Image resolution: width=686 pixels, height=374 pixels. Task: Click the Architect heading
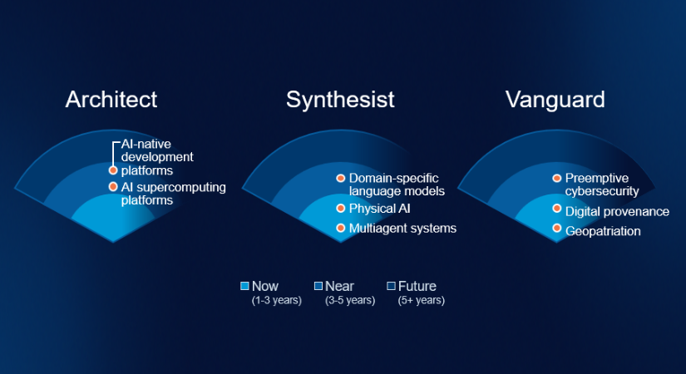pyautogui.click(x=111, y=100)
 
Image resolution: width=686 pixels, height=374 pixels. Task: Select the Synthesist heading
pyautogui.click(x=340, y=100)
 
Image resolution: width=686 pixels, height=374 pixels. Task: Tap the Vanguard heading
pyautogui.click(x=555, y=100)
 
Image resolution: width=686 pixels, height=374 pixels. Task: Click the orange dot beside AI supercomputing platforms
pyautogui.click(x=113, y=187)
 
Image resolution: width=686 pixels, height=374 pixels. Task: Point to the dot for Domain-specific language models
pyautogui.click(x=340, y=178)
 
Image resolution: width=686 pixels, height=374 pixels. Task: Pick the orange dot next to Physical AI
pyautogui.click(x=340, y=208)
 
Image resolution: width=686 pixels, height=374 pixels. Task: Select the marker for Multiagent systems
pyautogui.click(x=340, y=228)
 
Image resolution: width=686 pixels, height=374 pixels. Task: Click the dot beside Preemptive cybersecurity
pyautogui.click(x=557, y=178)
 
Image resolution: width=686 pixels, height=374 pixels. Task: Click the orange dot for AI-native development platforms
pyautogui.click(x=113, y=170)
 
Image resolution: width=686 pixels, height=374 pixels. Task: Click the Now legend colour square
pyautogui.click(x=244, y=286)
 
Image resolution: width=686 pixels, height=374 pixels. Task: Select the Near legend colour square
pyautogui.click(x=318, y=286)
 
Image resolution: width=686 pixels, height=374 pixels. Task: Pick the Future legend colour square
pyautogui.click(x=391, y=286)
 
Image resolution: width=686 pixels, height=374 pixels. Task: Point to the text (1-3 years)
pyautogui.click(x=276, y=300)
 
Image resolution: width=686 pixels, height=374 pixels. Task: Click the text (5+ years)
pyautogui.click(x=421, y=300)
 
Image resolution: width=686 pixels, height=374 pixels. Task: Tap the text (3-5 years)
pyautogui.click(x=350, y=300)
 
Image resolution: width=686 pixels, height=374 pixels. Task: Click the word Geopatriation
pyautogui.click(x=603, y=231)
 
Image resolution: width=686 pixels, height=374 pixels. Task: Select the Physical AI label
pyautogui.click(x=379, y=209)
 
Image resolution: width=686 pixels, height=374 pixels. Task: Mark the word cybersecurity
pyautogui.click(x=602, y=191)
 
